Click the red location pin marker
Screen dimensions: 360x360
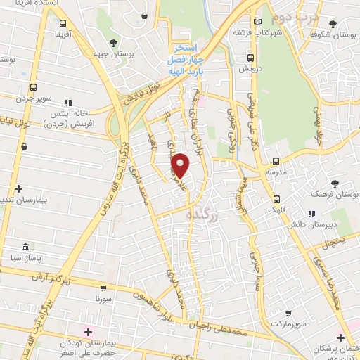point(181,166)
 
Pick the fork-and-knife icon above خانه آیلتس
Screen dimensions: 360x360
point(68,103)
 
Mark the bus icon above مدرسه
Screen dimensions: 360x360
point(276,161)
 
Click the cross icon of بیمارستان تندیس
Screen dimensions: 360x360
point(18,188)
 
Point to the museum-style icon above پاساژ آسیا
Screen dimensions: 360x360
point(25,247)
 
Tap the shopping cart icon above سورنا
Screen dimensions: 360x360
point(103,288)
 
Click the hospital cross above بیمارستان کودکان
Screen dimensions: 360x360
point(88,332)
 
